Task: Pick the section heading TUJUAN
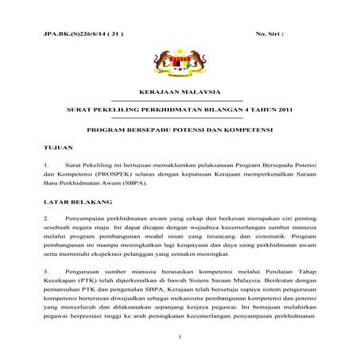(x=58, y=147)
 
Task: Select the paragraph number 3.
(x=47, y=273)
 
